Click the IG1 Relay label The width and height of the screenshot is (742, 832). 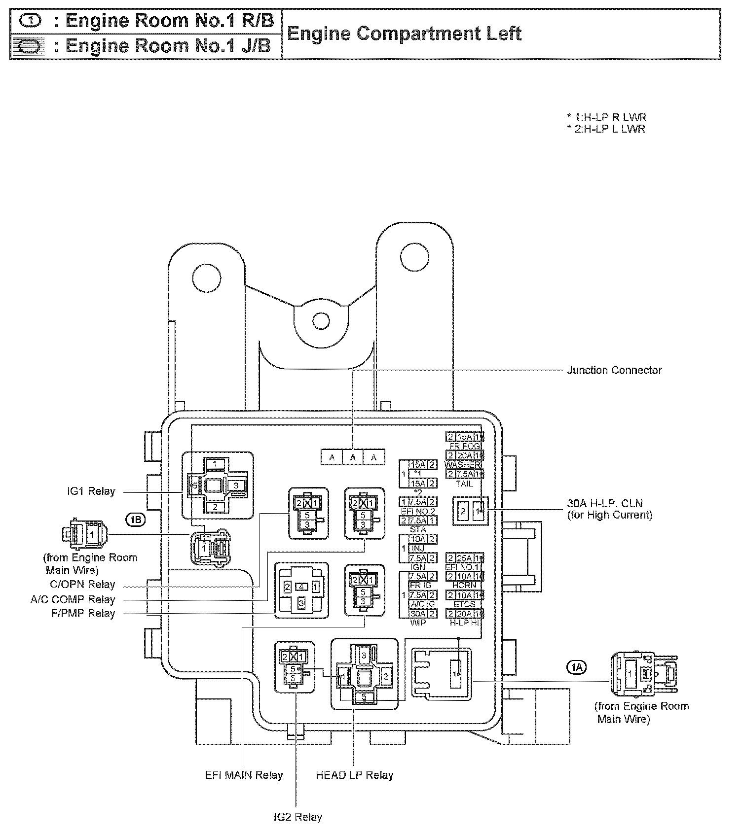tap(91, 491)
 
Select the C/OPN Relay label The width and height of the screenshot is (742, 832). tap(83, 585)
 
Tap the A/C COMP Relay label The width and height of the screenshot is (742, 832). tap(73, 600)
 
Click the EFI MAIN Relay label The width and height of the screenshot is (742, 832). tap(244, 775)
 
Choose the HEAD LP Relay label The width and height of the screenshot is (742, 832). tap(354, 775)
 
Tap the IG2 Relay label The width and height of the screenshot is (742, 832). tap(297, 817)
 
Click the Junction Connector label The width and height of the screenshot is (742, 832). tap(614, 370)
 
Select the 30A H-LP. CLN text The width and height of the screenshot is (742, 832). tap(605, 504)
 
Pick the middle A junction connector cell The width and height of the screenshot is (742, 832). tap(353, 457)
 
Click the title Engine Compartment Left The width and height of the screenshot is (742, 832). tap(404, 34)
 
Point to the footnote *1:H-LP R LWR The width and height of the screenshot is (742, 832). tap(606, 118)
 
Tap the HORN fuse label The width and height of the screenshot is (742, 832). tap(464, 585)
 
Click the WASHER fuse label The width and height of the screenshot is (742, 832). tap(462, 465)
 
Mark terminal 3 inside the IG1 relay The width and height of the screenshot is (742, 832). tap(236, 485)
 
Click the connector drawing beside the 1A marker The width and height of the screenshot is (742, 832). tap(643, 673)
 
